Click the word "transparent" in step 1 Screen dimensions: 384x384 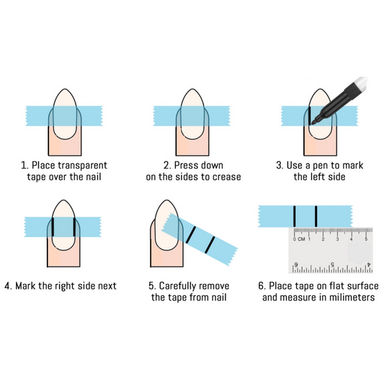pyautogui.click(x=83, y=166)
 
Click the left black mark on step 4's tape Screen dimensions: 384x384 pyautogui.click(x=53, y=227)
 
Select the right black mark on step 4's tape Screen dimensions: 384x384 pyautogui.click(x=74, y=227)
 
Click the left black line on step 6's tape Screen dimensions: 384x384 pyautogui.click(x=295, y=216)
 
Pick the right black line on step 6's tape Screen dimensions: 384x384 pyautogui.click(x=316, y=216)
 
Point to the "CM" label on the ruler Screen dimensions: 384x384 pyautogui.click(x=301, y=239)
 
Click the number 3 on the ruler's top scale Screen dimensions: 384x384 pyautogui.click(x=337, y=239)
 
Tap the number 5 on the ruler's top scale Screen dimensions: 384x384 pyautogui.click(x=366, y=239)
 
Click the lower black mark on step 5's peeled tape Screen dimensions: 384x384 pyautogui.click(x=210, y=245)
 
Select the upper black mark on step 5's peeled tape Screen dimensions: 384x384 pyautogui.click(x=191, y=235)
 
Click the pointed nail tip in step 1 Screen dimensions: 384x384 pyautogui.click(x=65, y=89)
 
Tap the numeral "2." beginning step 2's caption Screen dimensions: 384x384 pyautogui.click(x=167, y=166)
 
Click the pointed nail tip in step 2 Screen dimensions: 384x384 pyautogui.click(x=192, y=89)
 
